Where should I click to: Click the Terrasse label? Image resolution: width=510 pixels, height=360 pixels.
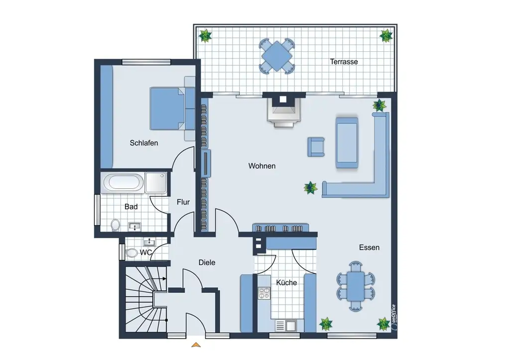coord(344,61)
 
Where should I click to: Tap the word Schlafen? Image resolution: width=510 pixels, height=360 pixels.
coord(144,143)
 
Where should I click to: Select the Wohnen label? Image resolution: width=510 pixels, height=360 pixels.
coord(262,166)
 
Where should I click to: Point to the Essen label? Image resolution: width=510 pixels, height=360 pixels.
coord(369,247)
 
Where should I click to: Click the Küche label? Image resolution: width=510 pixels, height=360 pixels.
coord(286,283)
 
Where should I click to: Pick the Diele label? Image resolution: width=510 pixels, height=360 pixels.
coord(207,262)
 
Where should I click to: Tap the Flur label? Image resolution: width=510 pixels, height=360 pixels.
coord(183,202)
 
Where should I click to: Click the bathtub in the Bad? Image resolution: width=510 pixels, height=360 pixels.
coord(124,182)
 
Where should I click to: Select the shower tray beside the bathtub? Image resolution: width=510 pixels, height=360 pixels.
coord(156,182)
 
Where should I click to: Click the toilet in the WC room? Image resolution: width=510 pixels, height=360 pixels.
coord(131,253)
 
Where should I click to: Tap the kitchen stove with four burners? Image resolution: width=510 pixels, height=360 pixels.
coord(264,293)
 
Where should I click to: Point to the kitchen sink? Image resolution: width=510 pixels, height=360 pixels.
coord(286,325)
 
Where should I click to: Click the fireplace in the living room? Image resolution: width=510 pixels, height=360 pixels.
coord(283,112)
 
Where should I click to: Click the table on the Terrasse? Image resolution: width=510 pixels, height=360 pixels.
coord(276,56)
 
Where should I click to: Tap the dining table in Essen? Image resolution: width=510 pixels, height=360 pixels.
coord(355,286)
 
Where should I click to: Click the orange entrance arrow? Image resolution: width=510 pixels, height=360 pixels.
coord(196,345)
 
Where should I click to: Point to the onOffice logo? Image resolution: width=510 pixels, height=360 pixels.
coord(394,318)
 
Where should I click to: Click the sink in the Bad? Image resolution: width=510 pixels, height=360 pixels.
coord(134,226)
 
